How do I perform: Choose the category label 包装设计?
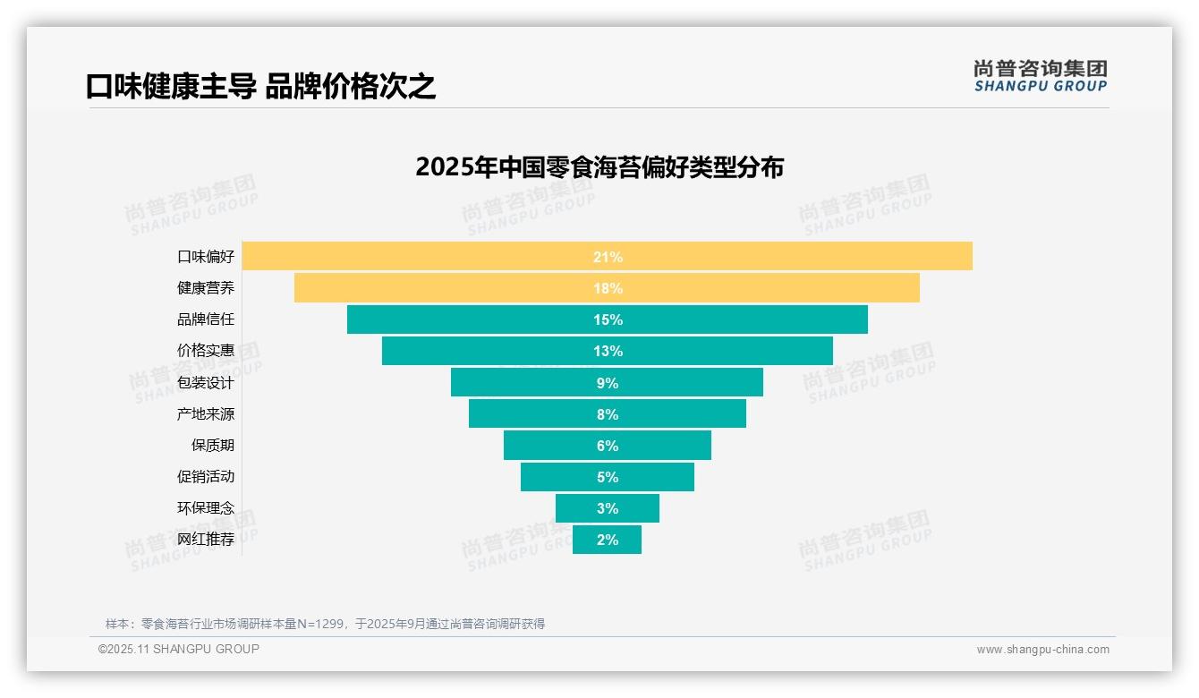point(206,383)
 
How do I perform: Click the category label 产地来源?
point(206,414)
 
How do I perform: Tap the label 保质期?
point(213,446)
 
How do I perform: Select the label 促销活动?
point(206,477)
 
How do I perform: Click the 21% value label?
point(608,257)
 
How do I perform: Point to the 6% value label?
point(608,446)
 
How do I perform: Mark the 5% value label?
point(608,477)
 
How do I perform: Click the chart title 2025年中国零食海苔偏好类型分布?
point(599,167)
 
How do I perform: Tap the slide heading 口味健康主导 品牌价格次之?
point(260,87)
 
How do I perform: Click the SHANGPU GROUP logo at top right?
point(1040,76)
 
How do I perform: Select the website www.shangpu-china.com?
point(1042,650)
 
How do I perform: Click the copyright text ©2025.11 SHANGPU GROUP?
point(179,649)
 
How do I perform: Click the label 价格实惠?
point(206,351)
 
